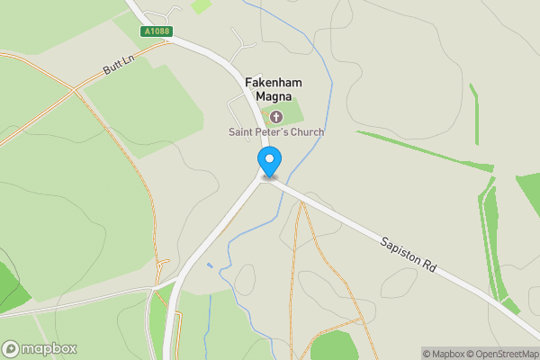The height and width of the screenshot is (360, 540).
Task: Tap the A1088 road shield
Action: click(156, 31)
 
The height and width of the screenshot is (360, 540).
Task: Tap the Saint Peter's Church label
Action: click(274, 132)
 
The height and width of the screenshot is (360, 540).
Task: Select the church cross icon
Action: click(275, 115)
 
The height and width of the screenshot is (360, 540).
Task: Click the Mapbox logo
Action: click(40, 348)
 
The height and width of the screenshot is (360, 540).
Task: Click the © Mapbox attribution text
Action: click(442, 353)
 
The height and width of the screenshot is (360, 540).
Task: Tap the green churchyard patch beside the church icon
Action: click(293, 115)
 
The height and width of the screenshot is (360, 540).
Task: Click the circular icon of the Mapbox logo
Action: click(11, 348)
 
